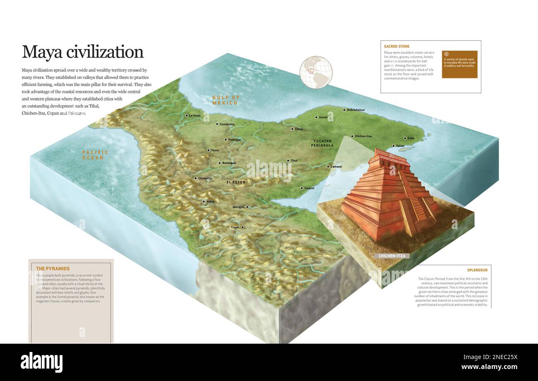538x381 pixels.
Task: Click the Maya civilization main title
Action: click(82, 52)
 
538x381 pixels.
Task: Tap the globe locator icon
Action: click(316, 72)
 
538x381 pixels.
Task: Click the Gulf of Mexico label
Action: click(226, 100)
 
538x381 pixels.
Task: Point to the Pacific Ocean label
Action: click(95, 155)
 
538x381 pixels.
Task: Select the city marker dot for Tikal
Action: click(288, 160)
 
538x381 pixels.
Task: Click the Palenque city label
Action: click(234, 140)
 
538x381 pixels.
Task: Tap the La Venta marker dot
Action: click(187, 115)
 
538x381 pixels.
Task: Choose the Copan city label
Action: click(235, 227)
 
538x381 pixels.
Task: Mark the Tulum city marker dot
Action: click(393, 146)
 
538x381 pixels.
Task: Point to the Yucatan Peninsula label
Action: click(322, 143)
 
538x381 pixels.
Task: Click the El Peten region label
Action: click(235, 182)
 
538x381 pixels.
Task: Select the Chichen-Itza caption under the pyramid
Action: click(392, 256)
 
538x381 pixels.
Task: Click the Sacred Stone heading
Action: click(396, 46)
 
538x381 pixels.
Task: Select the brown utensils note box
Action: click(459, 64)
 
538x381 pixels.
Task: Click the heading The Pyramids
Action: click(53, 269)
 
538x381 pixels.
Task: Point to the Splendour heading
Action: click(477, 270)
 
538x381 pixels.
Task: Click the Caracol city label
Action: click(309, 188)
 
